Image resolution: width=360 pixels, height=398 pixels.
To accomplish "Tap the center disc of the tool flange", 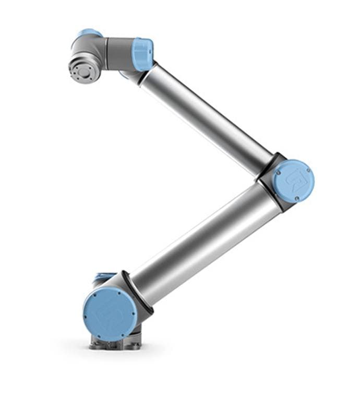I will pos(83,71).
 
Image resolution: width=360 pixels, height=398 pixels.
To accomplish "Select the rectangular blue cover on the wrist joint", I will pos(142,54).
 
